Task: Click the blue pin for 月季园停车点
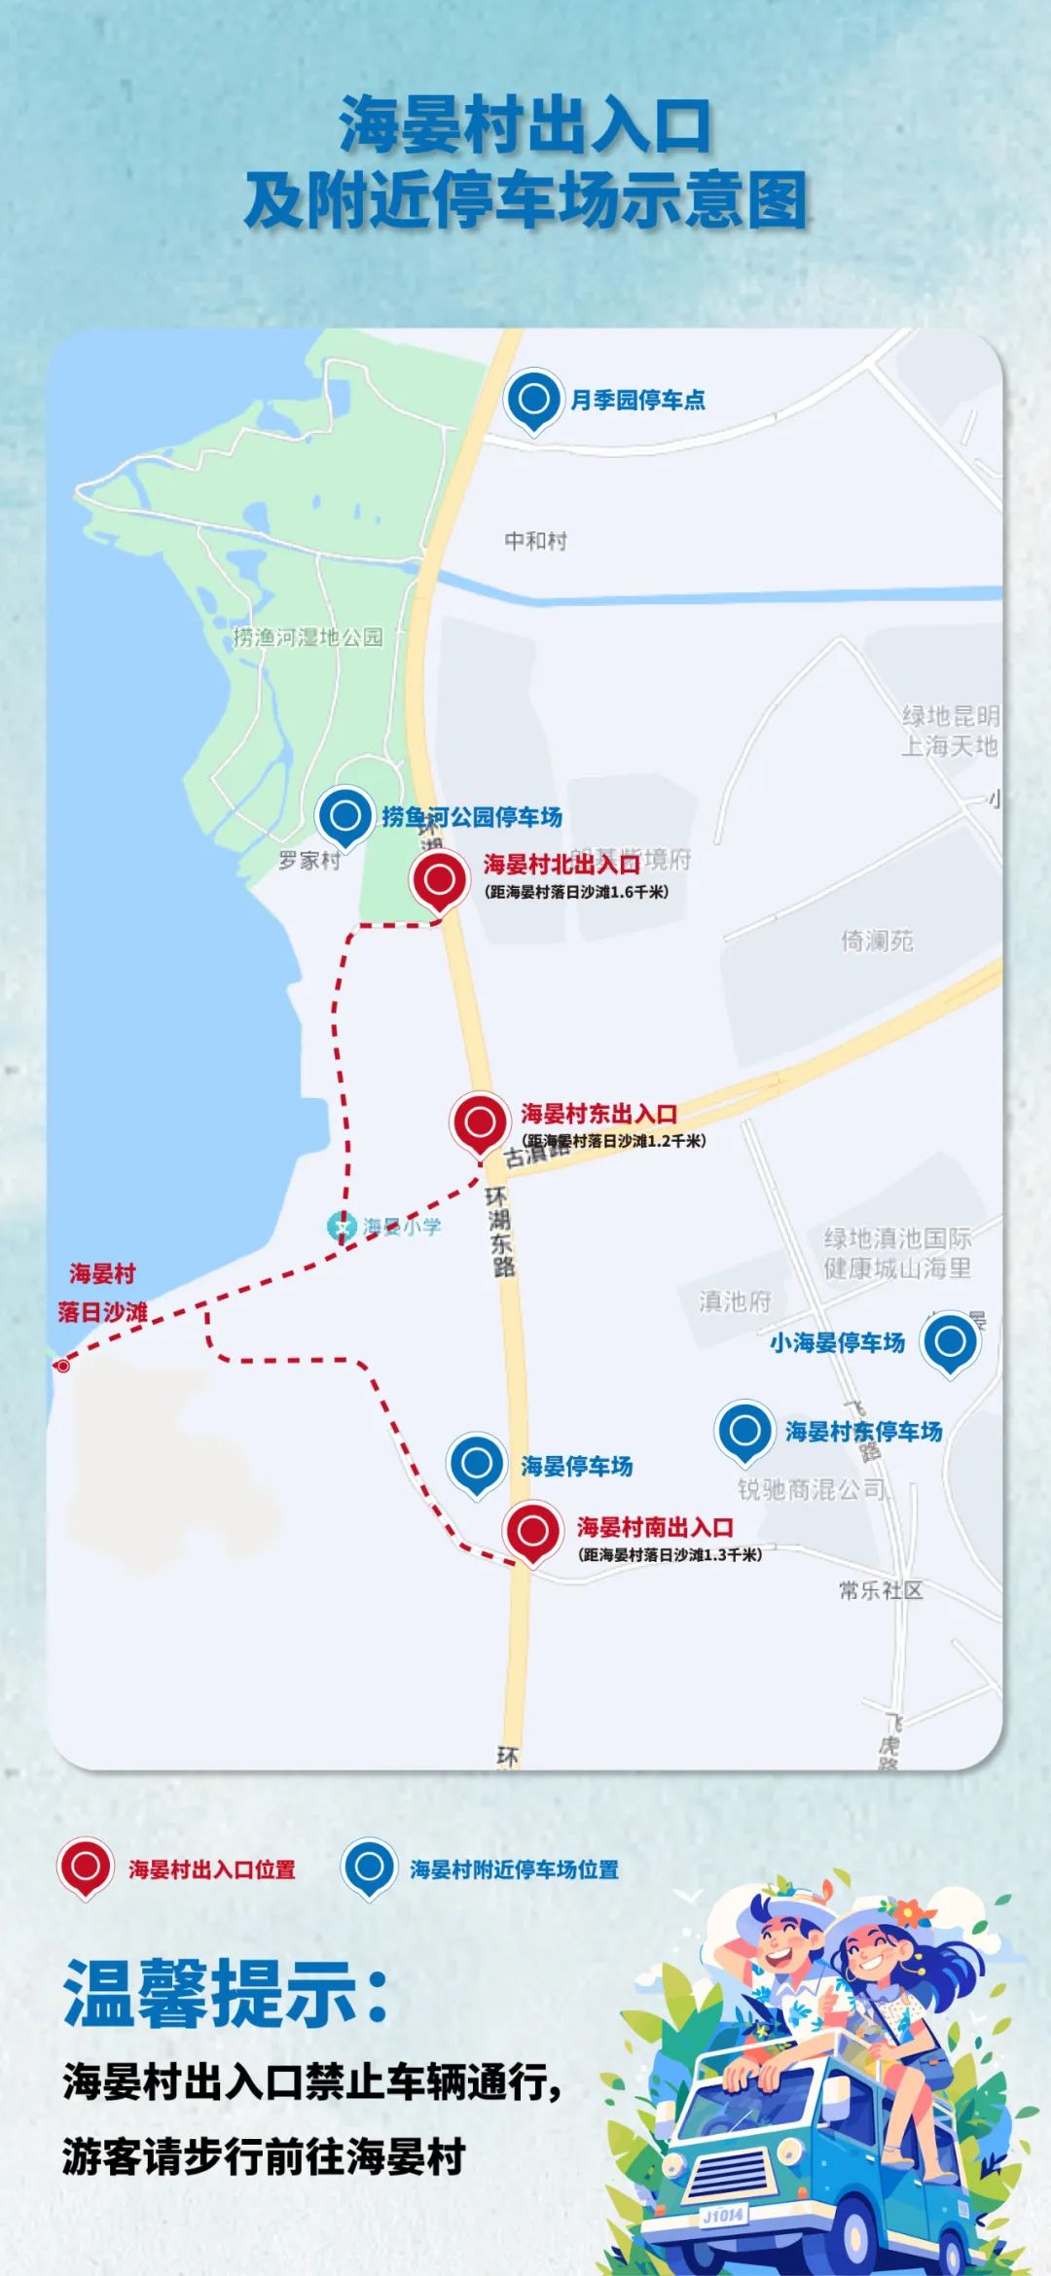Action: (x=533, y=400)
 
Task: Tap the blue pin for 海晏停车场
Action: (x=476, y=1463)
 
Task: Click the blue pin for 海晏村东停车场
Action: (x=744, y=1431)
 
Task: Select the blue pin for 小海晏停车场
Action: (x=950, y=1342)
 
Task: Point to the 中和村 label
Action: (x=535, y=541)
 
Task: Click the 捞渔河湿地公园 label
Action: (x=308, y=637)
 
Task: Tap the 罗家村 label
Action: (x=309, y=861)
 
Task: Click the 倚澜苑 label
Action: (x=877, y=941)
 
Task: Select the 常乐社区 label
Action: (x=881, y=1590)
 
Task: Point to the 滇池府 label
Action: (x=735, y=1301)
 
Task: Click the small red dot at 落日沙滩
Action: (x=63, y=1366)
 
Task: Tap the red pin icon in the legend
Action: (x=86, y=1867)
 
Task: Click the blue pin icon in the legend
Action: (x=369, y=1867)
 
